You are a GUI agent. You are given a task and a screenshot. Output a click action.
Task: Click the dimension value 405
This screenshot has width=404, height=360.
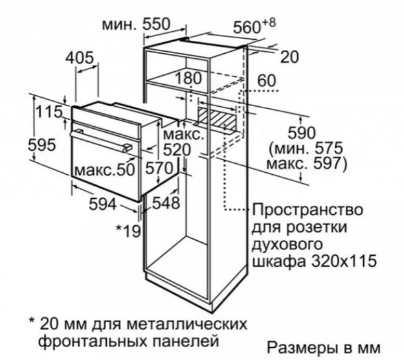click(80, 58)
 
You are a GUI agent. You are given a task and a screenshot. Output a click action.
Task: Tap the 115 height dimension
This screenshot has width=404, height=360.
click(49, 112)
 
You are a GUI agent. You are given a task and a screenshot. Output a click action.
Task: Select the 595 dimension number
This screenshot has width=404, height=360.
click(41, 144)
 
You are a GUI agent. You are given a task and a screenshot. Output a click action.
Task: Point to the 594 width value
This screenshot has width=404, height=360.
click(103, 205)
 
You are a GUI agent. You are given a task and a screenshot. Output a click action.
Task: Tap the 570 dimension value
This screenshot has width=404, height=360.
click(159, 168)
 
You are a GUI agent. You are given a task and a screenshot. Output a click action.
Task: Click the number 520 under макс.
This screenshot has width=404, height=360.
click(177, 150)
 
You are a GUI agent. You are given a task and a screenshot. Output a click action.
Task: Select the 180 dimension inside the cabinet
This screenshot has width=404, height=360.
click(188, 78)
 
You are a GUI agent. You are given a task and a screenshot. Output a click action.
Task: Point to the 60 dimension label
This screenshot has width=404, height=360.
click(267, 80)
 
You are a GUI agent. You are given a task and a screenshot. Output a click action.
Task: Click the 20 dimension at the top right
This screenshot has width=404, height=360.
click(289, 57)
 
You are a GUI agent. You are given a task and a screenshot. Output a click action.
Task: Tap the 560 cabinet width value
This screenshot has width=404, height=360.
click(247, 27)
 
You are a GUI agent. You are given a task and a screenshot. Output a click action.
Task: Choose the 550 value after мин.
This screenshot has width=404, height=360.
click(157, 24)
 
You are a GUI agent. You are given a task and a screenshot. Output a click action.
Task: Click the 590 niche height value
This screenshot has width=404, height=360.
click(302, 133)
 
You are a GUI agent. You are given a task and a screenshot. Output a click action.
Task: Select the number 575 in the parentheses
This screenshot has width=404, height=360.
click(328, 149)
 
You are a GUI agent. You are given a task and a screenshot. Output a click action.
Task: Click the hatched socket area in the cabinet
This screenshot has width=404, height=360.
click(217, 117)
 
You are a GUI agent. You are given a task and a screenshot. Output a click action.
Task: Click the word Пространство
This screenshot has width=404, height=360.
click(308, 210)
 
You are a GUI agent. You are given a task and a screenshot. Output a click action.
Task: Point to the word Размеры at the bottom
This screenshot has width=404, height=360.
click(299, 348)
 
